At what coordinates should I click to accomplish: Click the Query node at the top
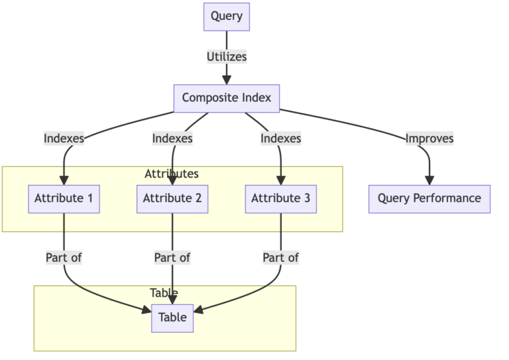[x=226, y=17]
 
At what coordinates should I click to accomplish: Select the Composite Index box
[x=227, y=98]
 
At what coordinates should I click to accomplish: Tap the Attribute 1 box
[x=64, y=198]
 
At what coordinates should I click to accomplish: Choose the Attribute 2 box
[x=172, y=198]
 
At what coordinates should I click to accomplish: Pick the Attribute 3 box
[x=281, y=198]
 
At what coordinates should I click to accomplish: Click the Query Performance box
[x=429, y=198]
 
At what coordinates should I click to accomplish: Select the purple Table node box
[x=172, y=318]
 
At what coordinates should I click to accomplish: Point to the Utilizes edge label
[x=226, y=57]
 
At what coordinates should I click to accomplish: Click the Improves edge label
[x=429, y=139]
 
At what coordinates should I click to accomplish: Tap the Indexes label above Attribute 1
[x=64, y=139]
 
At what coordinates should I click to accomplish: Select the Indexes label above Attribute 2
[x=172, y=139]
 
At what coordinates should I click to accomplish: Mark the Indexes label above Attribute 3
[x=281, y=139]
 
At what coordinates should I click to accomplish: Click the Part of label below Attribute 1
[x=64, y=257]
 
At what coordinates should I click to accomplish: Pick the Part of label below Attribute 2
[x=172, y=257]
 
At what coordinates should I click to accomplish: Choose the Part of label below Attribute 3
[x=281, y=257]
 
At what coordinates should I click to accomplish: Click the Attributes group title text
[x=171, y=174]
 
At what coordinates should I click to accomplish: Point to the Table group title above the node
[x=164, y=293]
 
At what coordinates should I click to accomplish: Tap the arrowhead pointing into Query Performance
[x=429, y=180]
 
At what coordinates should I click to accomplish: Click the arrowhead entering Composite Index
[x=226, y=80]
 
